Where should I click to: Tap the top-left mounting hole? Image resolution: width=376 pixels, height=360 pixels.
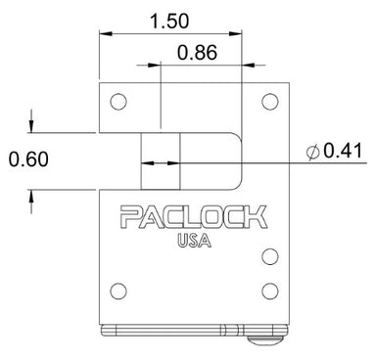click(117, 101)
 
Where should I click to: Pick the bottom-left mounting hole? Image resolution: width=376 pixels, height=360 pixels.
click(117, 290)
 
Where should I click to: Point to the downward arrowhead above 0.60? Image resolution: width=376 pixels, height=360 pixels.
click(34, 125)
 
